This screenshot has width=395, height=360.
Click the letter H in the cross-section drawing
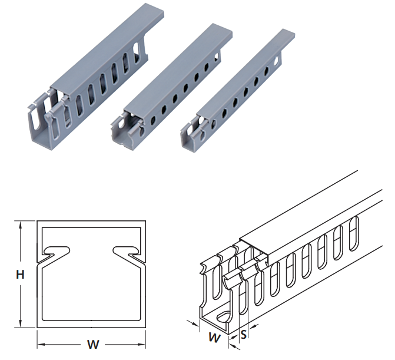[x=19, y=275]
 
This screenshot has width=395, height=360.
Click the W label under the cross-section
[x=92, y=344]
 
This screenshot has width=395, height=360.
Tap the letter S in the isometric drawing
[x=244, y=335]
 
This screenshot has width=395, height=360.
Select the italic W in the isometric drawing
[x=215, y=338]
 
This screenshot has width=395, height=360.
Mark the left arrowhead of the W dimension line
[x=41, y=343]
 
